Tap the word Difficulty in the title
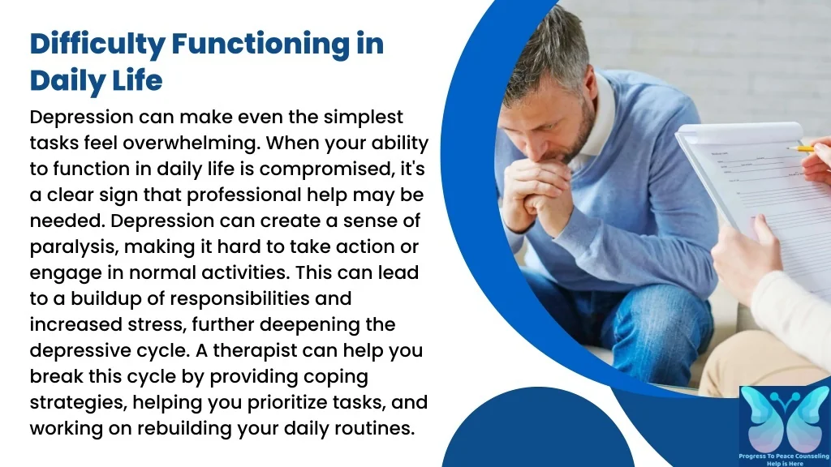click(97, 45)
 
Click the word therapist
click(254, 350)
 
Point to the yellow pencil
click(800, 148)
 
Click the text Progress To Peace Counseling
click(784, 456)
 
